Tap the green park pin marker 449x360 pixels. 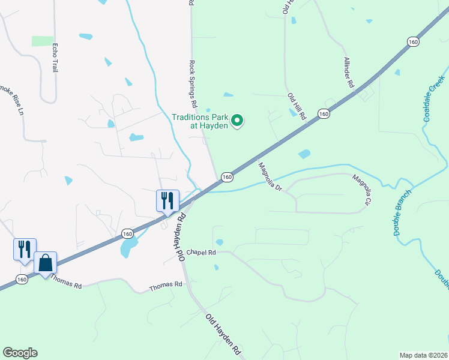(x=237, y=121)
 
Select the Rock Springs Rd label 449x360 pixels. (x=193, y=79)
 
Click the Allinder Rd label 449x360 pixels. (x=349, y=73)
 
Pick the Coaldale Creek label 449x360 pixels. (x=434, y=99)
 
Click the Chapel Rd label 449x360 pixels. (x=201, y=253)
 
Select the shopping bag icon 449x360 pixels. (x=45, y=262)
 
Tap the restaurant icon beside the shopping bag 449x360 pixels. (x=25, y=249)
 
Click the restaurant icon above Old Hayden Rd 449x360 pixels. (x=167, y=200)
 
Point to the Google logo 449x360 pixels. (x=20, y=353)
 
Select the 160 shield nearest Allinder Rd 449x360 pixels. (x=412, y=41)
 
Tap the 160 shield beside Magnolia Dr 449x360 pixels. (x=226, y=177)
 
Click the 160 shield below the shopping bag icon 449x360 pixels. (x=22, y=280)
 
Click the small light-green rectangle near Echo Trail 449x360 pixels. (x=43, y=41)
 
